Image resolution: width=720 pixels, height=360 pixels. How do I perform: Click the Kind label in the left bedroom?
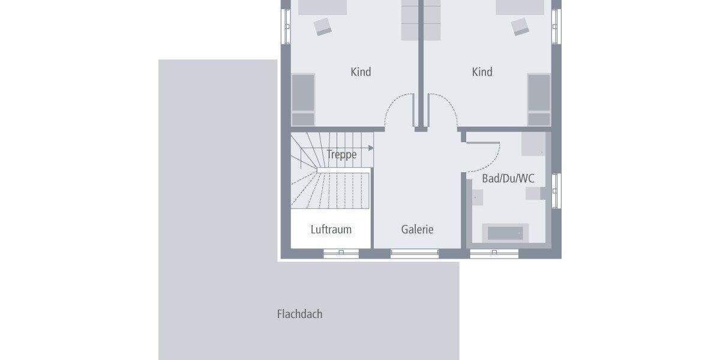point(361,72)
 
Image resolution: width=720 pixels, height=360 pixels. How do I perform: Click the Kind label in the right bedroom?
point(482,72)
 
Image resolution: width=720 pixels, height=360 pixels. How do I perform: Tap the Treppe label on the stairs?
point(341,155)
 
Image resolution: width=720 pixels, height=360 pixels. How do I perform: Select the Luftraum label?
point(331,229)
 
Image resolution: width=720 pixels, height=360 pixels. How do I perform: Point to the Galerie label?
point(417,229)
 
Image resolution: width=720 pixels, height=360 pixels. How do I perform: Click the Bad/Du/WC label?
point(508,179)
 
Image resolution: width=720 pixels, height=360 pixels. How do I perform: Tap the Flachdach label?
point(299,314)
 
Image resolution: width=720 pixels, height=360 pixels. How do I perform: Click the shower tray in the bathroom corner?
point(533,145)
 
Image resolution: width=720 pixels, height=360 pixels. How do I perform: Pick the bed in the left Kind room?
point(303,93)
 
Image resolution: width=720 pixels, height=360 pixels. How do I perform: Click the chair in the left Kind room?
point(323,26)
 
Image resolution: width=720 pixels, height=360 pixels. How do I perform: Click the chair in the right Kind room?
point(520,26)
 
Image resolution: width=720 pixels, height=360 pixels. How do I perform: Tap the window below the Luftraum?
point(341,254)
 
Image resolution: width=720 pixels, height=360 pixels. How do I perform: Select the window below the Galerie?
point(414,254)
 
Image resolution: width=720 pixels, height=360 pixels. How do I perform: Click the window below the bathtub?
point(494,254)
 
